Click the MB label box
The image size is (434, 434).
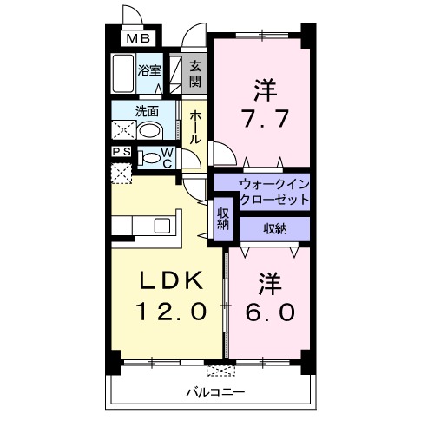point(139,38)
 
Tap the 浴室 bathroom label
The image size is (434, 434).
point(148,70)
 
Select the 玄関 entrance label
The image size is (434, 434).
point(195,74)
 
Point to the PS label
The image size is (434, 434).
point(122,151)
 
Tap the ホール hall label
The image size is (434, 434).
point(196,126)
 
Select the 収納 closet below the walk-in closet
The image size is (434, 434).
point(274,227)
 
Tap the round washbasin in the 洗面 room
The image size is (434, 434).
point(151,131)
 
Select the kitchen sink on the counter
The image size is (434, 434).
point(163,224)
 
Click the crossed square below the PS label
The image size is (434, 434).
point(122,171)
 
